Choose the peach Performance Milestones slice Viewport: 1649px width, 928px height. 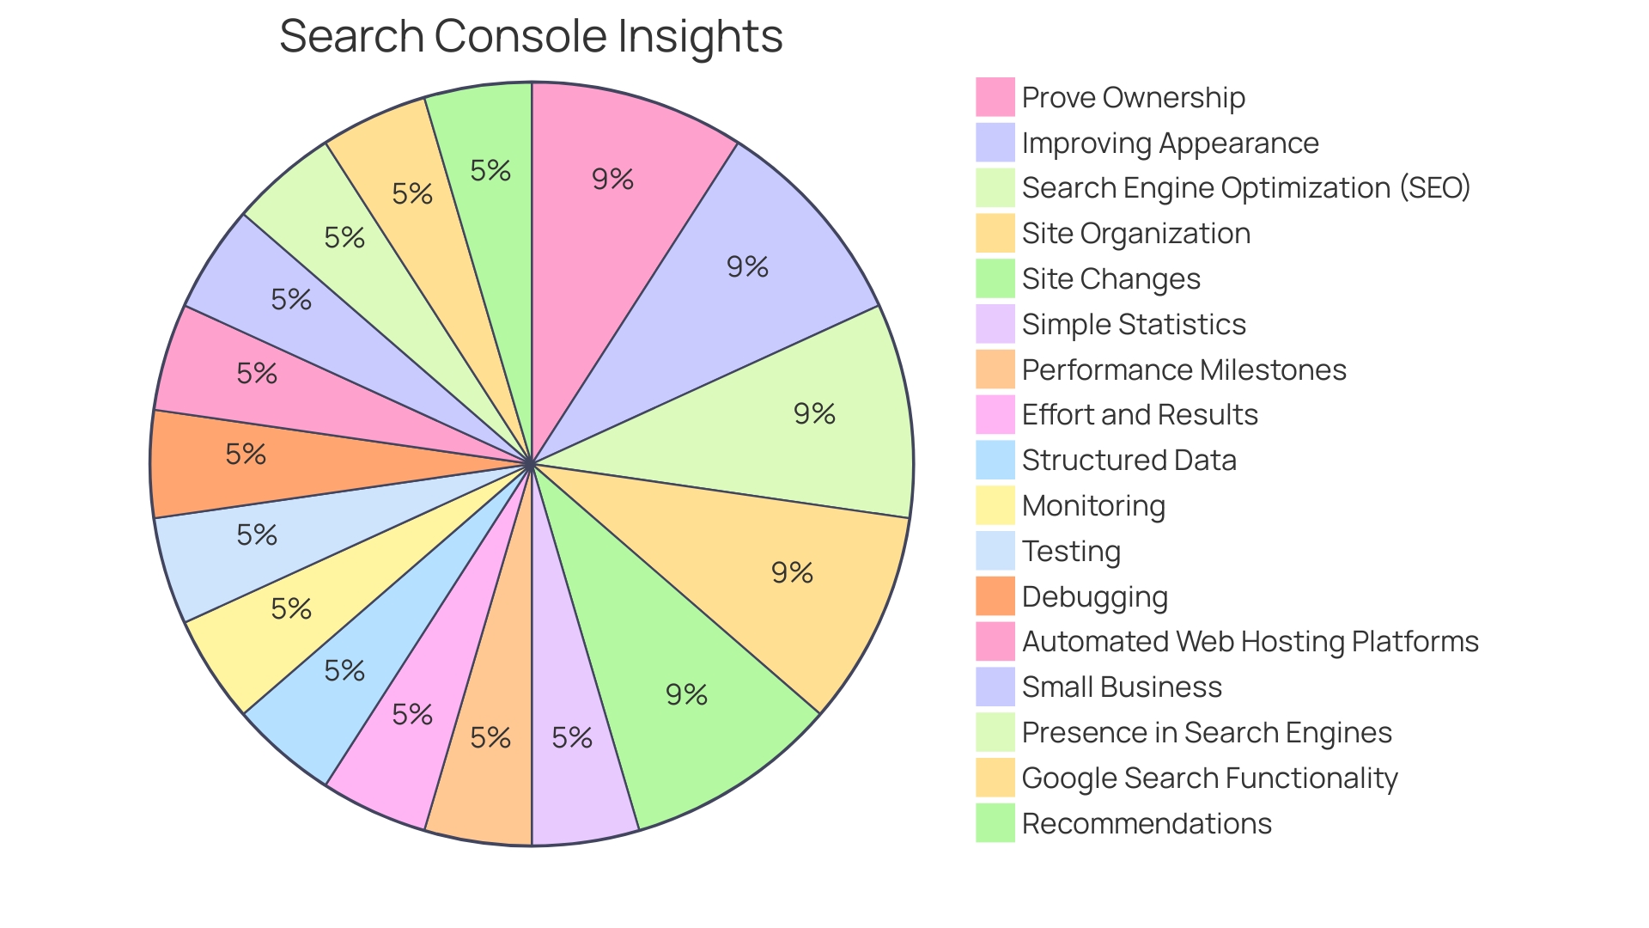pyautogui.click(x=490, y=756)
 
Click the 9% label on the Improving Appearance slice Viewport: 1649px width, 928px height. pyautogui.click(x=747, y=266)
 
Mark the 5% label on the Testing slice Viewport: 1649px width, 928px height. pyautogui.click(x=257, y=534)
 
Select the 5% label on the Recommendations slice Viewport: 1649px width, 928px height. pyautogui.click(x=490, y=170)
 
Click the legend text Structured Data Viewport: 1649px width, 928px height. pyautogui.click(x=1129, y=460)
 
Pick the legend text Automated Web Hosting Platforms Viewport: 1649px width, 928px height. pyautogui.click(x=1250, y=641)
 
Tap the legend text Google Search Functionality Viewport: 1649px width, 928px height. pyautogui.click(x=1209, y=778)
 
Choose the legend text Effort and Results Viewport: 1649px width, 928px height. pyautogui.click(x=1139, y=414)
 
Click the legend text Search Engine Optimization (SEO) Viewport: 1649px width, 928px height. pyautogui.click(x=1246, y=187)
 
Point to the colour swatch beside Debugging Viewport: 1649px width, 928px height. pyautogui.click(x=995, y=596)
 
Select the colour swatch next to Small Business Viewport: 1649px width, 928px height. pyautogui.click(x=995, y=687)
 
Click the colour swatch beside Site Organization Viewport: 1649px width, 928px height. pyautogui.click(x=995, y=233)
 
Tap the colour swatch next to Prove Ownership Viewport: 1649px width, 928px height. pyautogui.click(x=995, y=97)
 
